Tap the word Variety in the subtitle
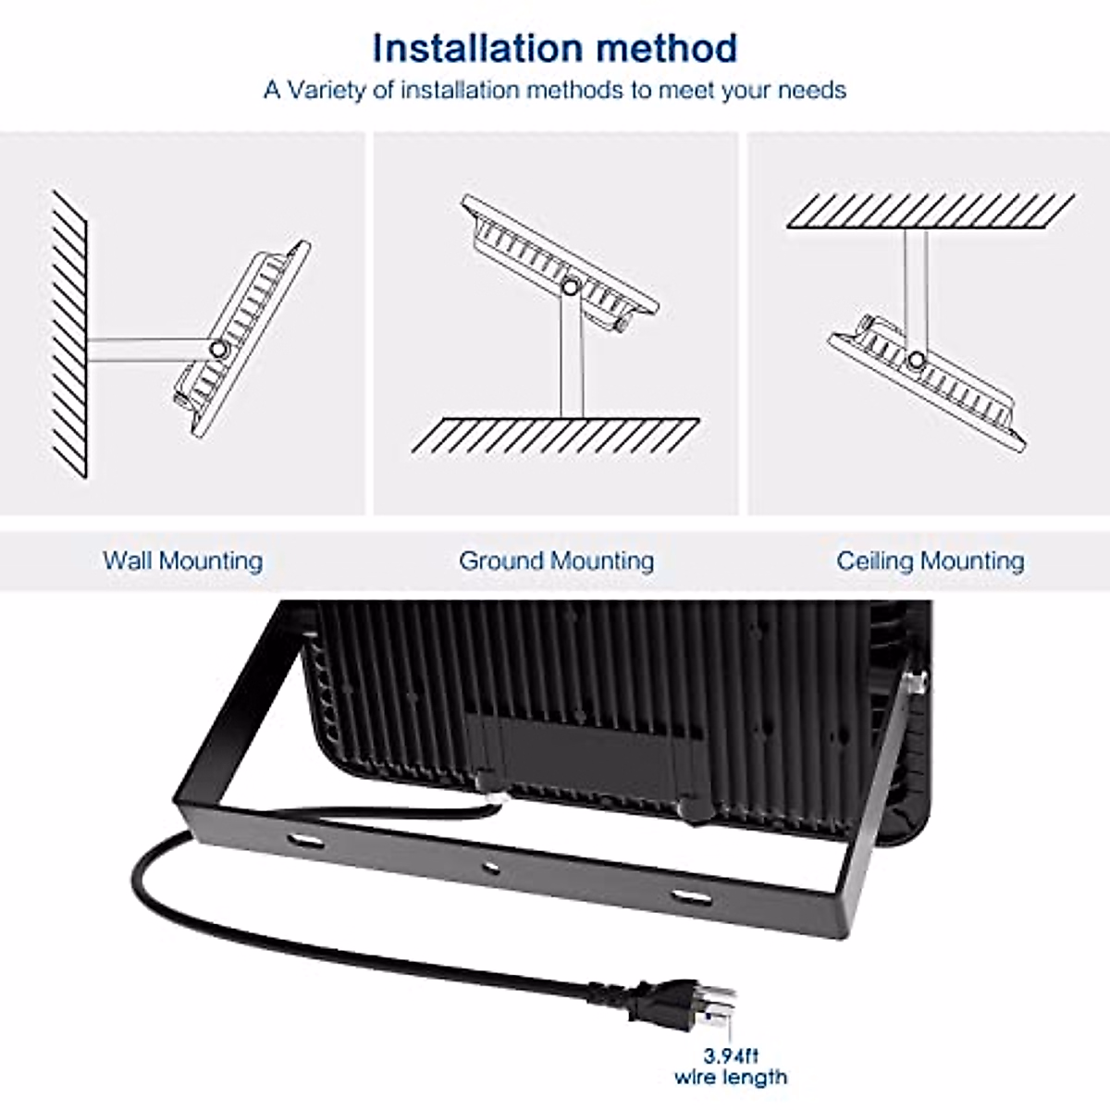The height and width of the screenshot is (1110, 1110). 328,91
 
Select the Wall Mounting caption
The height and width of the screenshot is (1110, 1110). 183,561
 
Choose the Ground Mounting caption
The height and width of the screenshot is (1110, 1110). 556,561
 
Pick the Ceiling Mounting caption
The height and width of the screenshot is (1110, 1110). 931,561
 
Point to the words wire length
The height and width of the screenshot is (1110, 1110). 731,1077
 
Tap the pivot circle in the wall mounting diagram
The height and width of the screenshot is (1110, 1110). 218,350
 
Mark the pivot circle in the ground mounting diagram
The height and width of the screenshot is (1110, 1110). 571,288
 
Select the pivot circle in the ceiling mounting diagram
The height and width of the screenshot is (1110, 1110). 916,360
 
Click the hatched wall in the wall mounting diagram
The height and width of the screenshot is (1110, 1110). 70,333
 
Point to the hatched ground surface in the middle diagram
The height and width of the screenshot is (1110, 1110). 555,435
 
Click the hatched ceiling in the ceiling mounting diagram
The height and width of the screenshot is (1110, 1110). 930,211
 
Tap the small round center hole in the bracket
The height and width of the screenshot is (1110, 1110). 491,868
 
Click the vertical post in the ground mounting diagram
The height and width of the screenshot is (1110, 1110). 572,356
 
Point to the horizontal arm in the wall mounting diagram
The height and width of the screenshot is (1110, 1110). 148,348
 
